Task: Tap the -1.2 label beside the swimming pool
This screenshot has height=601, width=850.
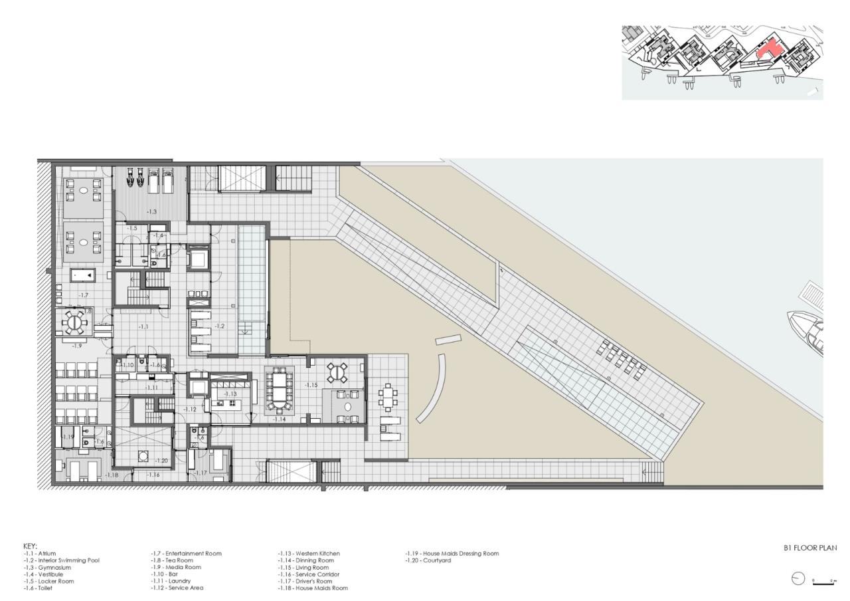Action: point(220,326)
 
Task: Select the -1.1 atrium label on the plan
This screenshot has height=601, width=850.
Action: point(144,326)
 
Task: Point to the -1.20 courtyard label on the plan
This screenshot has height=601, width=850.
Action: point(161,461)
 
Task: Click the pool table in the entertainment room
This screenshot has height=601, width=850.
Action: point(83,275)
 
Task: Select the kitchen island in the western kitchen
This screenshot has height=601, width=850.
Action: point(230,403)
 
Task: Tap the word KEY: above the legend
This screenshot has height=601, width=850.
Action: point(30,546)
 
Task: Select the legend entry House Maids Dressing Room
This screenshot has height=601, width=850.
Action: point(452,553)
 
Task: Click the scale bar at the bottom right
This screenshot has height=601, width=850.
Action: point(823,583)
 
